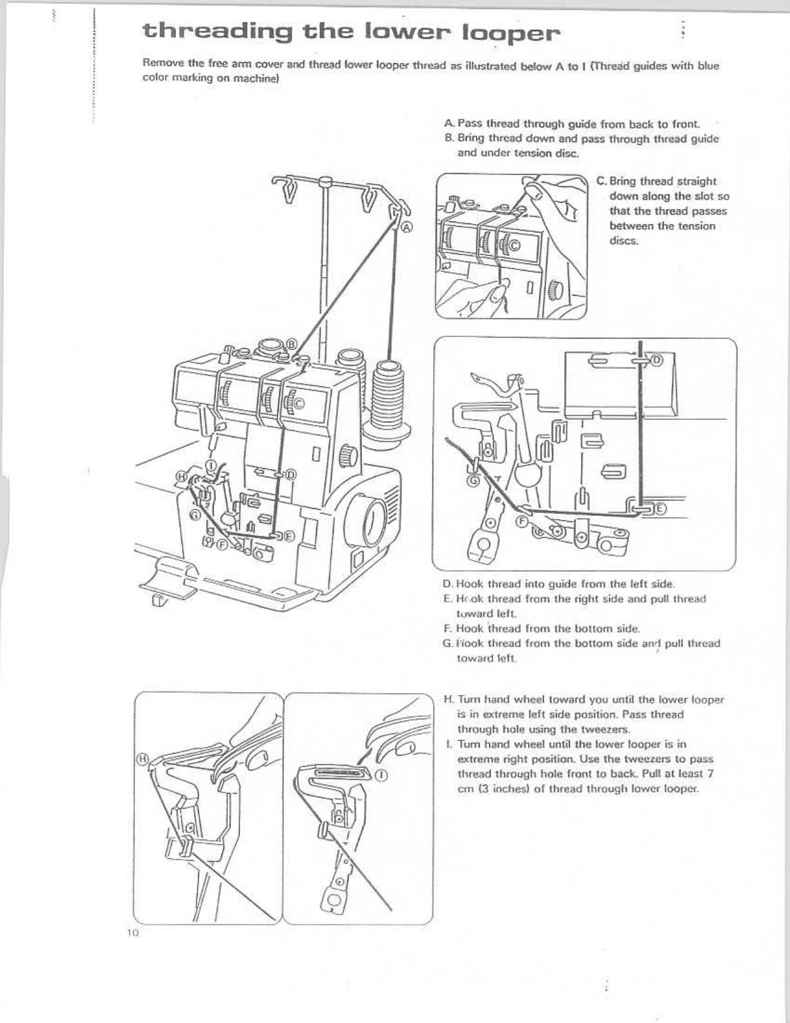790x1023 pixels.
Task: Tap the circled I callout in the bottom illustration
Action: pyautogui.click(x=382, y=776)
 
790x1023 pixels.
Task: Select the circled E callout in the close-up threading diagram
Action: pyautogui.click(x=660, y=509)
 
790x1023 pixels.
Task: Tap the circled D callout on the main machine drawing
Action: pyautogui.click(x=291, y=475)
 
